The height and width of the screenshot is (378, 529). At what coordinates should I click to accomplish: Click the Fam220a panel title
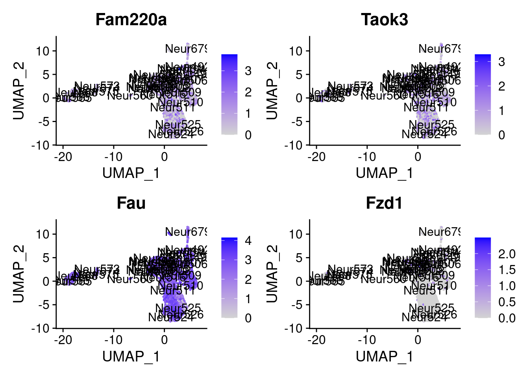131,20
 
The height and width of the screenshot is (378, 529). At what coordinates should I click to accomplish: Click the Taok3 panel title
385,20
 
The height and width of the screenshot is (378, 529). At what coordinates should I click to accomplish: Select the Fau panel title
131,203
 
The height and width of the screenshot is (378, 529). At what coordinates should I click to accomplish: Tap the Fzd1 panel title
385,203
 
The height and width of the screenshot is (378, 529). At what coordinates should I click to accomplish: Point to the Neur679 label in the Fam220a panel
186,49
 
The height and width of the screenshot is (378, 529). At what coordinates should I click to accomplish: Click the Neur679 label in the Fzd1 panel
439,232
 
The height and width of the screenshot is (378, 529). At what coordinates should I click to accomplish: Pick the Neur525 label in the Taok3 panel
431,125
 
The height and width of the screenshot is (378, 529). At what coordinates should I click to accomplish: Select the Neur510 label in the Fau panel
180,285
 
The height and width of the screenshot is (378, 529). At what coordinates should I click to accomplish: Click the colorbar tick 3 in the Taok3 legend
501,62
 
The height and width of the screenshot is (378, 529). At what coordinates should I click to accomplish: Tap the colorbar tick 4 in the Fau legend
248,240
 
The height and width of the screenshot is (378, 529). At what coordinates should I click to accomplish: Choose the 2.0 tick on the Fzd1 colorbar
507,254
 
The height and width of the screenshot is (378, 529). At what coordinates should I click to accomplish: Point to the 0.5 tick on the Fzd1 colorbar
507,302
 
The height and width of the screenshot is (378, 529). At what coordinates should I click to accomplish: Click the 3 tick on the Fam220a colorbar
248,71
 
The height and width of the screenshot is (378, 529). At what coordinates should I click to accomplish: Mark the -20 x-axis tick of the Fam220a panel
63,157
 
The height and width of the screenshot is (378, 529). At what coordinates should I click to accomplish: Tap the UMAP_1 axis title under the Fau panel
131,356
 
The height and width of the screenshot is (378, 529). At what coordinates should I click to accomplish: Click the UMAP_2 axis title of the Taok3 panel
272,91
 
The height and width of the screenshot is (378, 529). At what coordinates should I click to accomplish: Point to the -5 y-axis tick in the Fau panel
43,305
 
